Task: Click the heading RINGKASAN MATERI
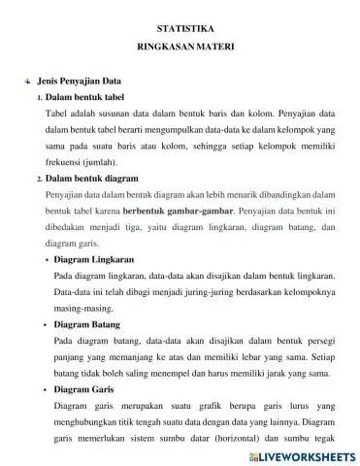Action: pyautogui.click(x=180, y=48)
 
